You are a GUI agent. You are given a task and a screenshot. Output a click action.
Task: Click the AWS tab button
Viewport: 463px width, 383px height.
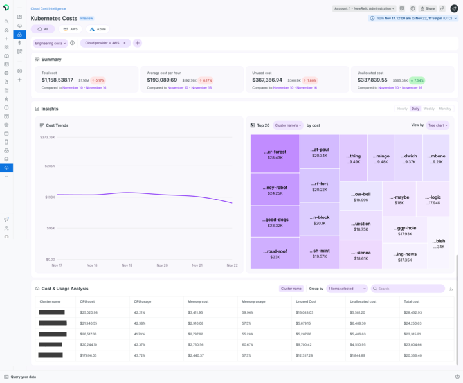70,29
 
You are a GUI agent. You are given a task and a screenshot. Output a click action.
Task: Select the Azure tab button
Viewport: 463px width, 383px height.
98,29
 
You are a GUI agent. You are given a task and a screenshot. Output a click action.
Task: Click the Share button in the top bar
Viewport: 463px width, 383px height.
428,8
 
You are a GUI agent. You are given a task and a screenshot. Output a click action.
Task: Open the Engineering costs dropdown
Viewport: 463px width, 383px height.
50,43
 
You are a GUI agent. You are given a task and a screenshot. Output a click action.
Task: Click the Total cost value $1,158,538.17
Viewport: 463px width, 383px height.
57,80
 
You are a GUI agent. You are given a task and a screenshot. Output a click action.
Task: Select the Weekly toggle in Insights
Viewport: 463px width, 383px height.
429,109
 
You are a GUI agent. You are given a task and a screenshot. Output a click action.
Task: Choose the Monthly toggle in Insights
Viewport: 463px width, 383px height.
445,109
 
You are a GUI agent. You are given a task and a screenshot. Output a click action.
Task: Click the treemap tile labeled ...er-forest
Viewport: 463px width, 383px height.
275,154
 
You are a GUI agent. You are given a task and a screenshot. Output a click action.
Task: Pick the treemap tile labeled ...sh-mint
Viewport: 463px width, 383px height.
320,253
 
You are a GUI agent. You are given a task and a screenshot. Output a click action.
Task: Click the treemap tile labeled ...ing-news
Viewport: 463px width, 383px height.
405,256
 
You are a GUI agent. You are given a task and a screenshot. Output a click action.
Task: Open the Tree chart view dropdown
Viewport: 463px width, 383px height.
438,125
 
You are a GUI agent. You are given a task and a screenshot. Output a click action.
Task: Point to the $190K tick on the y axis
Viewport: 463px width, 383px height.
49,197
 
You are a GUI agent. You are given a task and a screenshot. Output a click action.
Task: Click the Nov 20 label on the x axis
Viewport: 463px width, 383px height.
161,265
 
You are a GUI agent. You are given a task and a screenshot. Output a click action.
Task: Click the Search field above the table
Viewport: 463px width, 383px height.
410,289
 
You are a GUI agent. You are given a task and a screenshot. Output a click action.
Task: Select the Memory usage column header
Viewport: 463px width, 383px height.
253,301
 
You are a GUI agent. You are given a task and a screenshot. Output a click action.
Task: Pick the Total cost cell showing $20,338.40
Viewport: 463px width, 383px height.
413,355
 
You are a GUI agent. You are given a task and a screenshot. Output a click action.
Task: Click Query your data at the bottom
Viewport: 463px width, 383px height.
23,377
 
